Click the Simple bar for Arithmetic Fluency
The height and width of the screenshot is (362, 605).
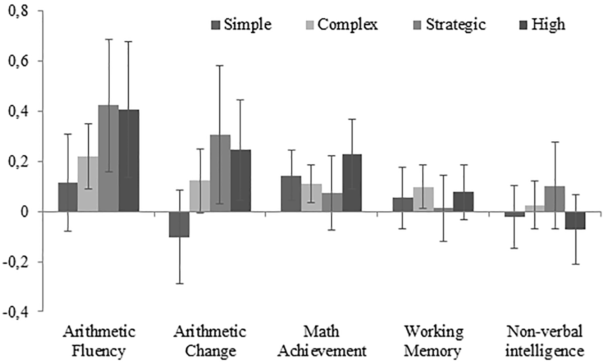click(x=68, y=197)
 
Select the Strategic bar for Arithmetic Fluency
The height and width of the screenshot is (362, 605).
click(x=108, y=158)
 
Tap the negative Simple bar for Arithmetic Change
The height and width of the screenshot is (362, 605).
click(x=180, y=224)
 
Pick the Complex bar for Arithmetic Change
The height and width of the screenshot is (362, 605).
click(x=200, y=196)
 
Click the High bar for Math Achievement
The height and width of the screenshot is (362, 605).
click(x=352, y=183)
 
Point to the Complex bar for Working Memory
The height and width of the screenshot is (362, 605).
click(x=423, y=199)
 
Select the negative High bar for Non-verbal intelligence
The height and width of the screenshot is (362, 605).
click(x=576, y=220)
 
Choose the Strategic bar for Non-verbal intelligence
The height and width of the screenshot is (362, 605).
click(x=555, y=199)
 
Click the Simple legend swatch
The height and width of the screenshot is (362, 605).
click(x=216, y=25)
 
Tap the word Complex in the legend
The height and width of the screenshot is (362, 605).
click(x=348, y=25)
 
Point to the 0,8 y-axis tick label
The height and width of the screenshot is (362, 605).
click(x=19, y=12)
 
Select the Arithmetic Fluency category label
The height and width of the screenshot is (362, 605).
click(x=99, y=341)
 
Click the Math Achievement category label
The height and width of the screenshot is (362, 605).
click(x=322, y=341)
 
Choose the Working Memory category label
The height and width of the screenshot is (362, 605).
click(x=433, y=341)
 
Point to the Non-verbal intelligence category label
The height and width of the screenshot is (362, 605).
click(x=545, y=341)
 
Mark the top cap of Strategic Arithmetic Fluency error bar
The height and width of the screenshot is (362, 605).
click(x=108, y=39)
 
